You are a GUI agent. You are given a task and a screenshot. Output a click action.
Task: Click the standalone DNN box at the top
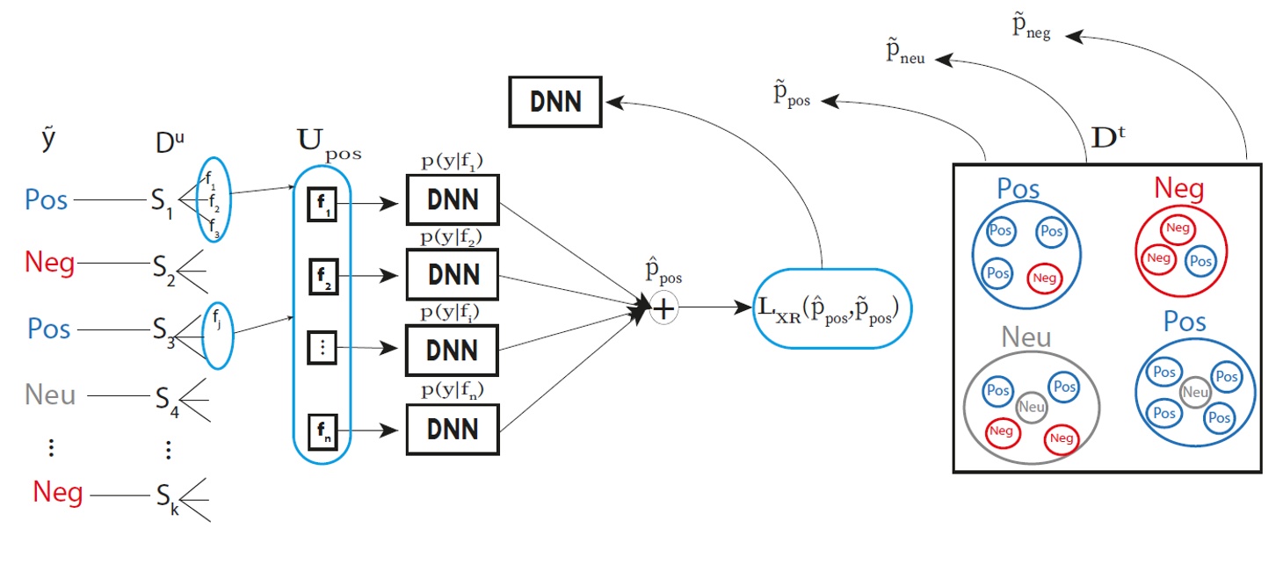click(556, 101)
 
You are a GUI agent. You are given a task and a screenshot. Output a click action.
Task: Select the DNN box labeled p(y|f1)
click(452, 199)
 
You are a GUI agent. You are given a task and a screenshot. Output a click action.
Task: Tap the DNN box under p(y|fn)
click(452, 430)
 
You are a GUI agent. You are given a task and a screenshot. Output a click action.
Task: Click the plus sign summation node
click(663, 308)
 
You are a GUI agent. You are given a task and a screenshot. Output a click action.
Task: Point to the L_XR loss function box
click(832, 308)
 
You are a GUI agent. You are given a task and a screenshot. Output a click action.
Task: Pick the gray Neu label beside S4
click(51, 395)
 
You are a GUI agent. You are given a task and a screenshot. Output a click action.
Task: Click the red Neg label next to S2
click(49, 262)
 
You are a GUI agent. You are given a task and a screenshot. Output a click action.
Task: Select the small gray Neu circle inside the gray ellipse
click(1032, 407)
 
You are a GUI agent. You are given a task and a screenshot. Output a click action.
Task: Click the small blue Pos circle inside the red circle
click(1200, 261)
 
